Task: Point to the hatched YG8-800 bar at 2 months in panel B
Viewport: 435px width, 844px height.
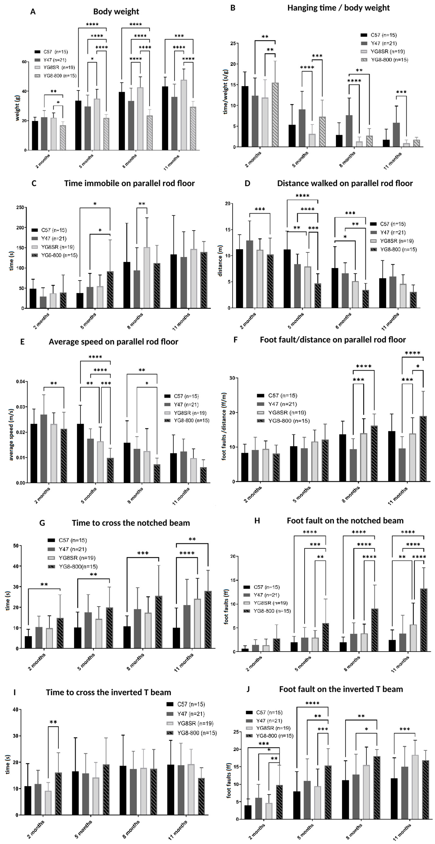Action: coord(275,115)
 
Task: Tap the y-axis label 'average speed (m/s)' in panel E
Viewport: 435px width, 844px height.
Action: coord(12,434)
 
